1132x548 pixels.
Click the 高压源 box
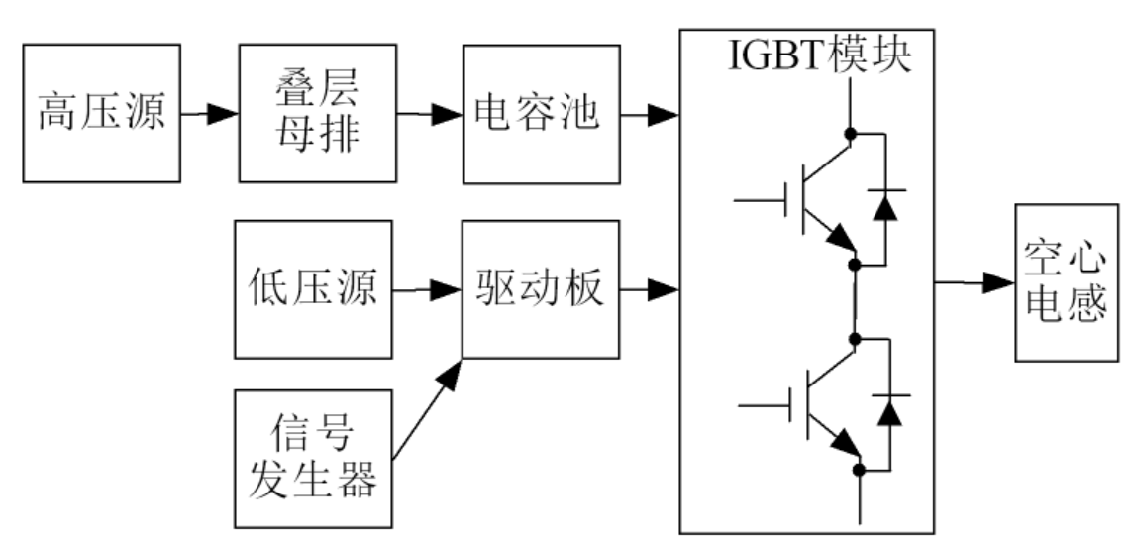pyautogui.click(x=101, y=113)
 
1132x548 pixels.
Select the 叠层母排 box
pyautogui.click(x=318, y=113)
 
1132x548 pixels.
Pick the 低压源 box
pyautogui.click(x=313, y=289)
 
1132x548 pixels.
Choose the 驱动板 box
pyautogui.click(x=539, y=289)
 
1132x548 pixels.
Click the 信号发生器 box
pyautogui.click(x=313, y=457)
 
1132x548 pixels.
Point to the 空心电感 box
pyautogui.click(x=1073, y=283)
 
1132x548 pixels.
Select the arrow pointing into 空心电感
pyautogui.click(x=975, y=283)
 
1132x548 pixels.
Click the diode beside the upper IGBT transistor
pyautogui.click(x=883, y=206)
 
